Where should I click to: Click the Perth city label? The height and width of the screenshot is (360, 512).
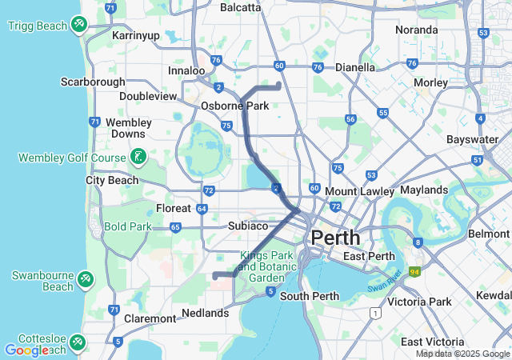[335, 238]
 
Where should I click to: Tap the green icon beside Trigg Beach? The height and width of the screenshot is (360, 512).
[79, 25]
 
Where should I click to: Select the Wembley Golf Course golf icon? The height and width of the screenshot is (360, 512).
[139, 157]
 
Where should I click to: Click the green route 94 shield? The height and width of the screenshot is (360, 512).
[414, 272]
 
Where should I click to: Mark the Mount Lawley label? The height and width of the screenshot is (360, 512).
[359, 191]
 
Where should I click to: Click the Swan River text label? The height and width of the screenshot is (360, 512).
[387, 282]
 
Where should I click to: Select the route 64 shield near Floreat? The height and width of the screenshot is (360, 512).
[202, 209]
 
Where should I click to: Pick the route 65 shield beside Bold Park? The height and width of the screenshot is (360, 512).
[175, 227]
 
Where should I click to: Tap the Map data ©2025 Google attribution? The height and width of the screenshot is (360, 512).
[462, 354]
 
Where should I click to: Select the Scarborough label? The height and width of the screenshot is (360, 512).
[93, 82]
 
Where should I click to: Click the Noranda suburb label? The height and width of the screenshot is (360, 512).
[416, 30]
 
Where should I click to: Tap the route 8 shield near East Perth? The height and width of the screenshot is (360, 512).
[418, 242]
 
